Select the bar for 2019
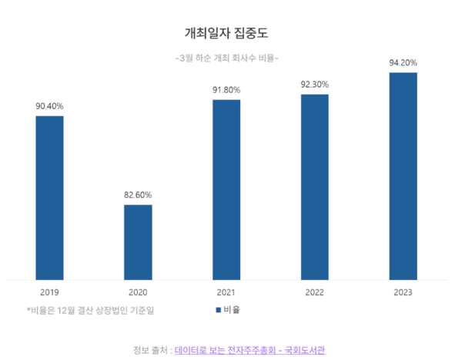[x=50, y=198]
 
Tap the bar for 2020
[x=138, y=242]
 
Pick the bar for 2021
[x=226, y=189]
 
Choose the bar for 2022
[x=314, y=187]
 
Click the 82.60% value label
[x=138, y=195]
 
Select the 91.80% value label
[x=226, y=91]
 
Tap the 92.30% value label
[x=314, y=85]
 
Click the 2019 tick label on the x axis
[x=50, y=292]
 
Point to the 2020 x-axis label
[x=138, y=292]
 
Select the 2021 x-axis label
[x=226, y=292]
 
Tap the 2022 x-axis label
[x=314, y=292]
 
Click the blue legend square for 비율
[x=218, y=310]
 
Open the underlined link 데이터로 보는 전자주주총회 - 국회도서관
[x=250, y=350]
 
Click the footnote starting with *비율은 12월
[x=90, y=310]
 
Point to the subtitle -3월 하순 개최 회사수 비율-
[x=227, y=58]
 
